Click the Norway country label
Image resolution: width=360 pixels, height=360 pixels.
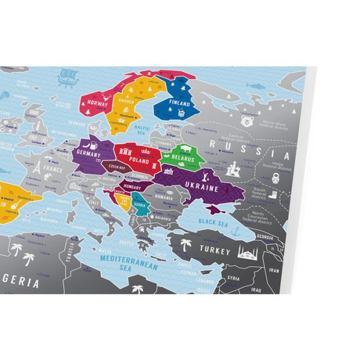point(98,103)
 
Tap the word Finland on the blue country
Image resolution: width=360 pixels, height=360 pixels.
point(178,103)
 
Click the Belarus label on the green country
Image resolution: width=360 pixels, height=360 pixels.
point(182,160)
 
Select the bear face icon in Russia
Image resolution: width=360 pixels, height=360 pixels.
point(245,121)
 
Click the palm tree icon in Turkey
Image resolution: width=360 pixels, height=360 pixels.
point(186,245)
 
